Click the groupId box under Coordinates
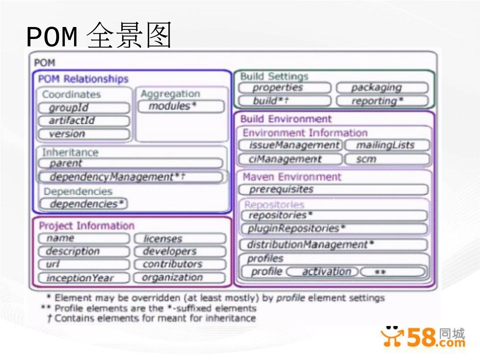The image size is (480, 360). coord(84,108)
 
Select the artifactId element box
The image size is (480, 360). coord(84,121)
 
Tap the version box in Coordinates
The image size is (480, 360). coord(84,134)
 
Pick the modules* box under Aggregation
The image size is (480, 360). coord(181,106)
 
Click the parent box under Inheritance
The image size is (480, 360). coord(130,163)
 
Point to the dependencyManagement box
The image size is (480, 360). coord(130,177)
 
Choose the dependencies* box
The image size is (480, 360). coord(84,204)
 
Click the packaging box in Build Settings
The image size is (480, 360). coord(382,88)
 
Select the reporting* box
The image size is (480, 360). coord(382,101)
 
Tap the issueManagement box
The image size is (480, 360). coord(290,145)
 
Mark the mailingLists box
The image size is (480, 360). coord(387,145)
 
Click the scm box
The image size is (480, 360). coord(387,159)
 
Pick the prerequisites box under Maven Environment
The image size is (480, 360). coord(333,189)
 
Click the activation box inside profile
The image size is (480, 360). coord(323,272)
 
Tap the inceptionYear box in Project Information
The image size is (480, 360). coord(84,278)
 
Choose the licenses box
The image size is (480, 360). coord(180,239)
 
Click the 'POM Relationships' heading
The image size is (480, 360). coord(83,79)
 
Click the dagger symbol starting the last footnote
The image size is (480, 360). coord(49,318)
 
